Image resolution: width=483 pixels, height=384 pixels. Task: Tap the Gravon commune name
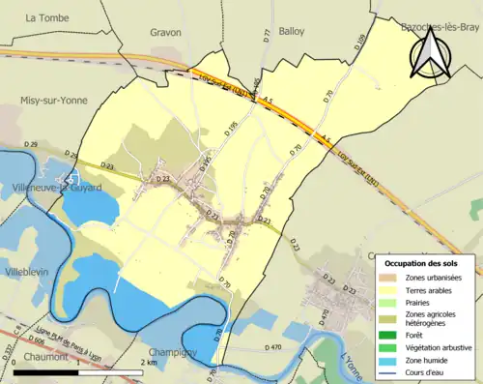[165, 31]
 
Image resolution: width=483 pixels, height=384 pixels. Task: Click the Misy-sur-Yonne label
[54, 100]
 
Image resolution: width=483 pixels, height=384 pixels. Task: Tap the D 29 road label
[32, 144]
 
